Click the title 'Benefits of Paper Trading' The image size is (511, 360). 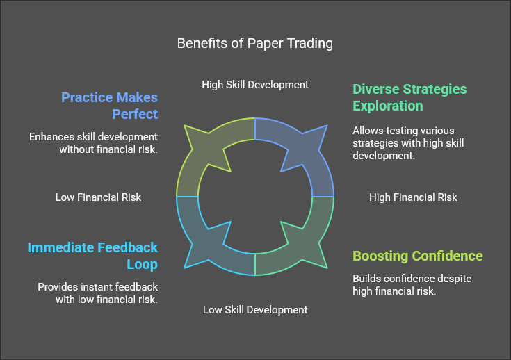(x=255, y=43)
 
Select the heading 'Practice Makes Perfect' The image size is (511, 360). (x=110, y=105)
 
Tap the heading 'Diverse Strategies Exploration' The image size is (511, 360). (x=409, y=97)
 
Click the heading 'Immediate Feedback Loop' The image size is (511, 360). (x=92, y=255)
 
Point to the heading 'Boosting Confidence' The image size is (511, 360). (x=417, y=256)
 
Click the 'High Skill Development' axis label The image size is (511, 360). (x=255, y=85)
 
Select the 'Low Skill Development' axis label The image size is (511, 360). (x=255, y=310)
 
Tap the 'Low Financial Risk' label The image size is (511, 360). (x=98, y=197)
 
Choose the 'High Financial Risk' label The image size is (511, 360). (x=413, y=197)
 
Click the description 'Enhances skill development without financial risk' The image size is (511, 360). (x=93, y=142)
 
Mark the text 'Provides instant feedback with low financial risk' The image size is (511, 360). (x=97, y=293)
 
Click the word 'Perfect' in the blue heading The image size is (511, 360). (x=134, y=113)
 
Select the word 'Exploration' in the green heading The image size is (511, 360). (x=387, y=106)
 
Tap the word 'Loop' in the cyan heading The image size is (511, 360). (x=143, y=264)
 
